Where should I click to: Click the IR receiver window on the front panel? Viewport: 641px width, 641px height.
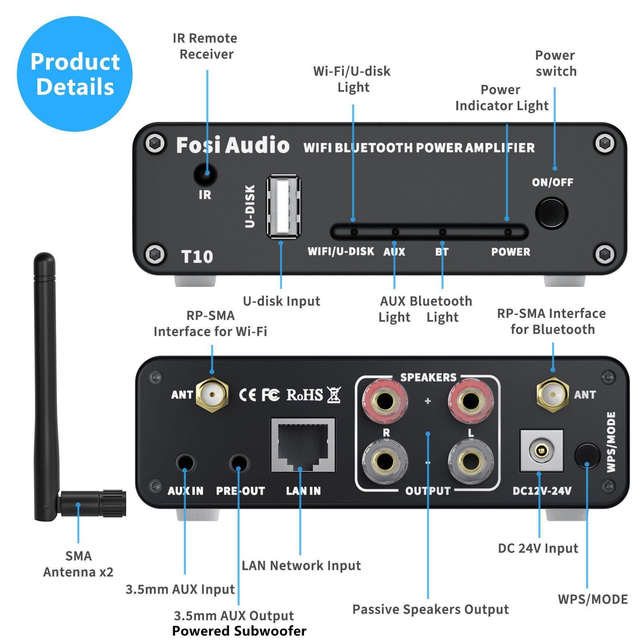coord(205,174)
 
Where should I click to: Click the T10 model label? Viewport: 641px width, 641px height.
coord(197,257)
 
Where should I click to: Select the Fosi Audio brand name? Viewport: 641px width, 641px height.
coord(232,145)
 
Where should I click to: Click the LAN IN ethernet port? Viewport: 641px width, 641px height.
coord(303,445)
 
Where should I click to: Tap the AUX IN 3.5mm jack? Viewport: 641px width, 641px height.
coord(185,464)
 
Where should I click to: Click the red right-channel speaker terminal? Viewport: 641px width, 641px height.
coord(385,401)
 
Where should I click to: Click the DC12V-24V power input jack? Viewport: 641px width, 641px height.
coord(541,451)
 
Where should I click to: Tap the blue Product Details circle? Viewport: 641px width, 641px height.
coord(75,74)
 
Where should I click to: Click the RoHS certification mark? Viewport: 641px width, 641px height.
coord(304,395)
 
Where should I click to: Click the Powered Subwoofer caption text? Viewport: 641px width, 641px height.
coord(239,631)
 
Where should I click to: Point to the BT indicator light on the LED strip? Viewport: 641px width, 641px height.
coord(442,232)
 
